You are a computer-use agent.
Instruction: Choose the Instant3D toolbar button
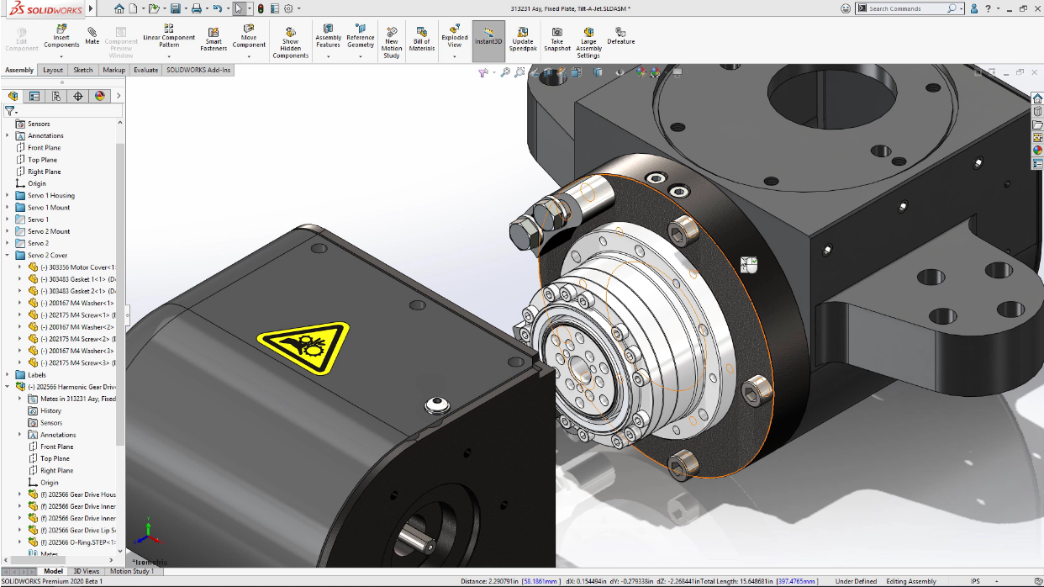click(x=488, y=36)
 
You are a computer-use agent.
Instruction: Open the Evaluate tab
click(x=145, y=70)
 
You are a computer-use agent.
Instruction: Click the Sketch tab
click(x=83, y=70)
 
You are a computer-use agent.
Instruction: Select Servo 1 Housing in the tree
click(x=50, y=195)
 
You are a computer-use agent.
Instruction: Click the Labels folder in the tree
click(x=37, y=375)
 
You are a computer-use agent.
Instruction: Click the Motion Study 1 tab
click(x=132, y=571)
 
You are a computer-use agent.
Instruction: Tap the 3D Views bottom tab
click(x=87, y=571)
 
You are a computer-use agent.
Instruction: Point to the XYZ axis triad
click(x=148, y=529)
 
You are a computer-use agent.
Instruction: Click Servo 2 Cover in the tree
click(x=47, y=255)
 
